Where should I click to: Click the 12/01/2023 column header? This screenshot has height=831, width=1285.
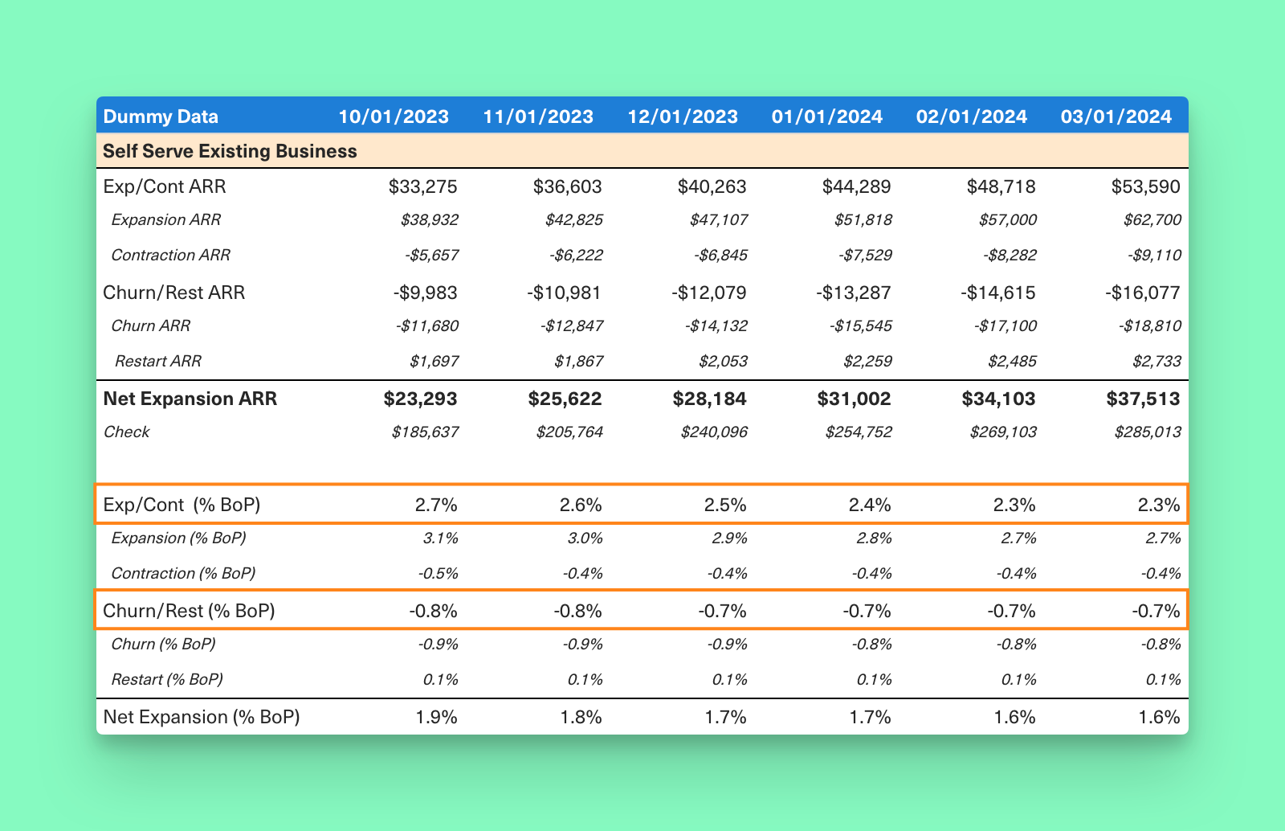[682, 117]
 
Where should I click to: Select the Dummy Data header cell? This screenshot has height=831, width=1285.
[161, 117]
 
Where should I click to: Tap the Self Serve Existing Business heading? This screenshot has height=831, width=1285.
[230, 151]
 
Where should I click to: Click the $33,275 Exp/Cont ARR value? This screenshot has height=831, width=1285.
[422, 187]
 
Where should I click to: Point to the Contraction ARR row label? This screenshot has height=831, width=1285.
[170, 256]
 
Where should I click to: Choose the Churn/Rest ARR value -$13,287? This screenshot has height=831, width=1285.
[853, 293]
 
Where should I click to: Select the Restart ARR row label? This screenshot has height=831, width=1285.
[157, 362]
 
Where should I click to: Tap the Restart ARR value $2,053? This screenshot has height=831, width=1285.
[723, 362]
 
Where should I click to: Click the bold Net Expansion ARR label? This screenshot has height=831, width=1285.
[190, 399]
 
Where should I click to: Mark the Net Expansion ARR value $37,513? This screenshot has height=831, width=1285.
[1143, 399]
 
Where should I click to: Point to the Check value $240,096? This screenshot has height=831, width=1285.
[714, 432]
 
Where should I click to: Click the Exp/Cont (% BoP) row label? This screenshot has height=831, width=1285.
[182, 506]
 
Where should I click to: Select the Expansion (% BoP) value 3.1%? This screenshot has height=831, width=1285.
[440, 538]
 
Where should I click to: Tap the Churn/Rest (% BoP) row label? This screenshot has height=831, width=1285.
[189, 611]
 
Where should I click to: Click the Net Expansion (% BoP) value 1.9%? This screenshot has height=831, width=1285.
[436, 717]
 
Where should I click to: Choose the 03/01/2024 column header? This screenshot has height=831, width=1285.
[1116, 117]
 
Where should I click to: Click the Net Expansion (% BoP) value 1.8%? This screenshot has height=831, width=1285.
[581, 717]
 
